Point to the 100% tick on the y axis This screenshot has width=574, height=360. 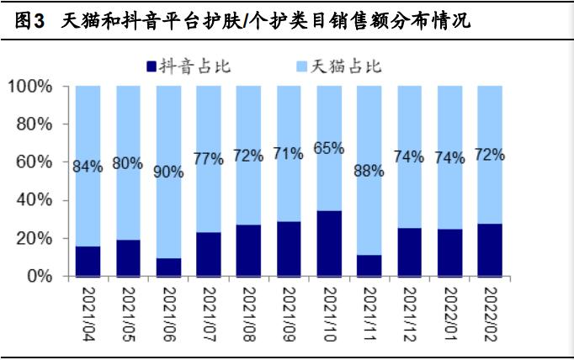click(x=31, y=86)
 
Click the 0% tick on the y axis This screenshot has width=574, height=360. click(x=39, y=276)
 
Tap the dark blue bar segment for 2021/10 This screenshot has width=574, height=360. click(x=328, y=243)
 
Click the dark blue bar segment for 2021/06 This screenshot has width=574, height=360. click(x=167, y=267)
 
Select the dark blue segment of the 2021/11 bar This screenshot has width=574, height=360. click(x=369, y=265)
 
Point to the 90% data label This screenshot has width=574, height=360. click(x=167, y=172)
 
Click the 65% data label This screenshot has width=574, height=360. click(x=328, y=148)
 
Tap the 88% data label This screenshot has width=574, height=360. click(x=369, y=170)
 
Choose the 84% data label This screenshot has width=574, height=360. click(x=88, y=166)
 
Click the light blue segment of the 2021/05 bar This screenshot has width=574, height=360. click(x=128, y=126)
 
